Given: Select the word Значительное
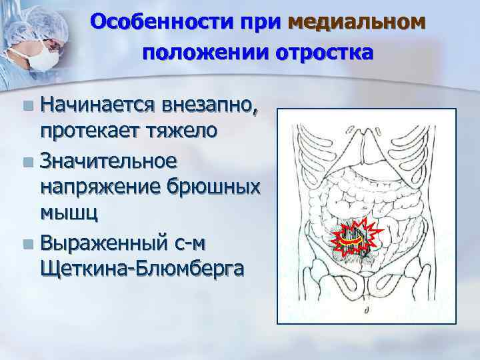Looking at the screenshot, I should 108,160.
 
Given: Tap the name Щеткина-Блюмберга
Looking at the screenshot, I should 142,268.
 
